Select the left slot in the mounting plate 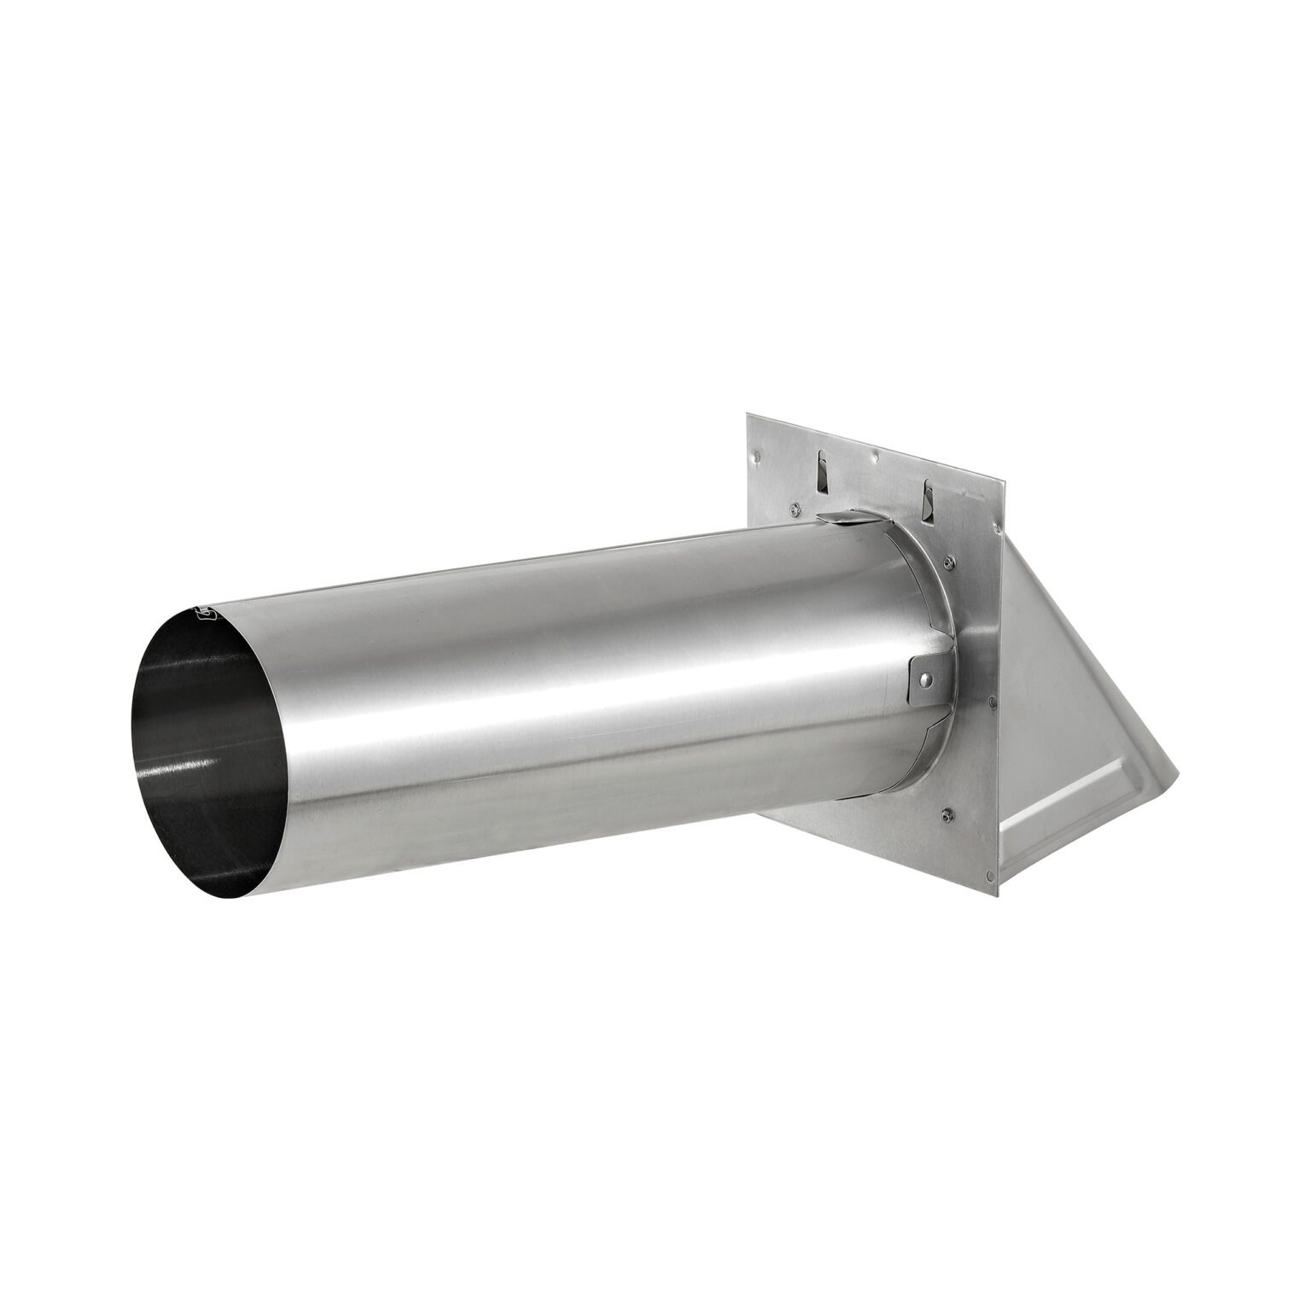click(x=820, y=472)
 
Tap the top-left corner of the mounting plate click(x=749, y=416)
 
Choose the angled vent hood click(x=1067, y=683)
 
